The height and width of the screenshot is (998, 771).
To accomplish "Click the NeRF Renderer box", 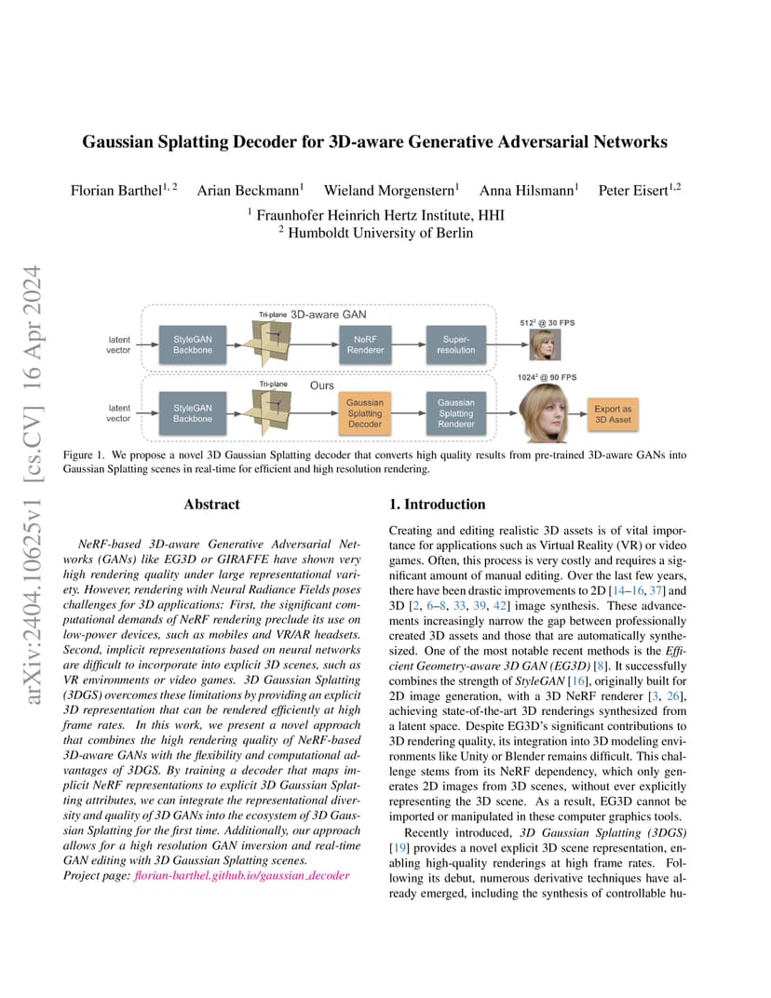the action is pyautogui.click(x=365, y=345).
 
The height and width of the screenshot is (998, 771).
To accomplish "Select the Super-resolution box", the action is pyautogui.click(x=456, y=345).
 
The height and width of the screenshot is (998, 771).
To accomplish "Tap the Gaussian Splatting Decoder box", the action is pyautogui.click(x=365, y=413).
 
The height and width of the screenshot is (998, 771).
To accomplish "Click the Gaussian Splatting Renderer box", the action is pyautogui.click(x=456, y=413).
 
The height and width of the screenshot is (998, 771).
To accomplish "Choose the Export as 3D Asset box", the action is pyautogui.click(x=613, y=414).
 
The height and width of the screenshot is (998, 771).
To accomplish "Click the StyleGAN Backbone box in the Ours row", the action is pyautogui.click(x=192, y=413).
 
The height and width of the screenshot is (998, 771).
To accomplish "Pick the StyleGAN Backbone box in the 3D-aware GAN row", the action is pyautogui.click(x=192, y=345).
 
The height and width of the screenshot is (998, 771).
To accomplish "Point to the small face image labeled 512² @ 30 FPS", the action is pyautogui.click(x=545, y=345).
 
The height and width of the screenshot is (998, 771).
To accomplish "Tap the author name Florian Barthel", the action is pyautogui.click(x=116, y=190).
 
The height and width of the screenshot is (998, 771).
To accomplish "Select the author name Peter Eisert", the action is pyautogui.click(x=633, y=190).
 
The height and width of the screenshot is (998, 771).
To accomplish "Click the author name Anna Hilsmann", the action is pyautogui.click(x=526, y=190).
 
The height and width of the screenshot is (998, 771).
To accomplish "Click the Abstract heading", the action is pyautogui.click(x=211, y=504).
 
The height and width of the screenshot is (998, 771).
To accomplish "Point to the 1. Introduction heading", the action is pyautogui.click(x=437, y=504).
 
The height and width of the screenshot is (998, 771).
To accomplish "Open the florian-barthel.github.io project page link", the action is pyautogui.click(x=242, y=876).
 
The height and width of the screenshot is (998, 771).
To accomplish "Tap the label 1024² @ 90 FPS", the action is pyautogui.click(x=547, y=377).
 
